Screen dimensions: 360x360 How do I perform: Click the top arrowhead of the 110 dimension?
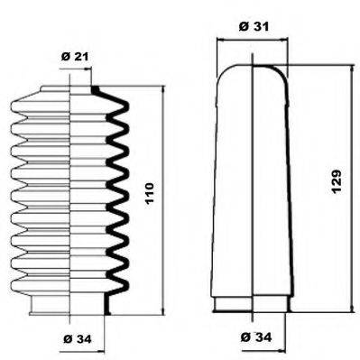pyautogui.click(x=162, y=90)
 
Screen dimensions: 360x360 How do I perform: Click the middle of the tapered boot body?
pyautogui.click(x=250, y=189)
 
